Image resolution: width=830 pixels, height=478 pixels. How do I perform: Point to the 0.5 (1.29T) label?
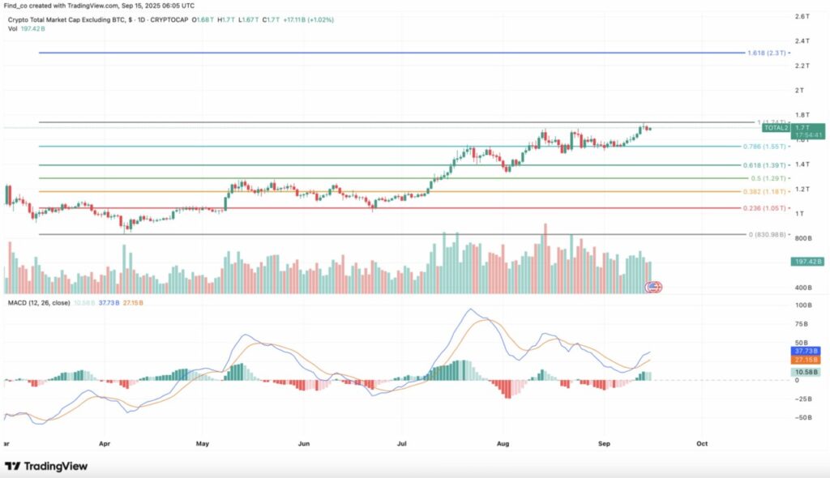[767, 178]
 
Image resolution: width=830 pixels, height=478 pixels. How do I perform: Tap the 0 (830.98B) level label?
[766, 235]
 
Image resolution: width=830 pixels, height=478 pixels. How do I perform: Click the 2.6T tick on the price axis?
[801, 16]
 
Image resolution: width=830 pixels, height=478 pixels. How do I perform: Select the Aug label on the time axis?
[503, 444]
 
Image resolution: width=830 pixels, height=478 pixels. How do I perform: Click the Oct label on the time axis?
[702, 444]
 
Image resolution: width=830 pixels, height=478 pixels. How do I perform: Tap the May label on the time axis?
[203, 444]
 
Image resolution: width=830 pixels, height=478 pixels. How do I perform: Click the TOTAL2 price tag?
[776, 128]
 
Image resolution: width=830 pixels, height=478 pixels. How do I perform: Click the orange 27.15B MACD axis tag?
[806, 360]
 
